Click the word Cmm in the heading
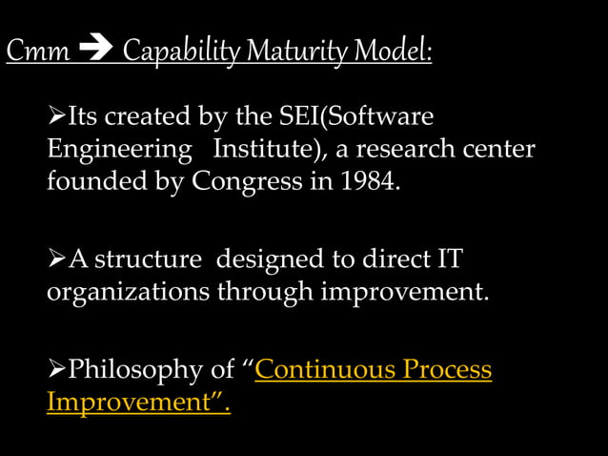tap(37, 52)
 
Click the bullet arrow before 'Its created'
tap(56, 118)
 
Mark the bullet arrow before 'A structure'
tap(56, 259)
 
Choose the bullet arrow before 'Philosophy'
tap(56, 369)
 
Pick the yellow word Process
tap(448, 369)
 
